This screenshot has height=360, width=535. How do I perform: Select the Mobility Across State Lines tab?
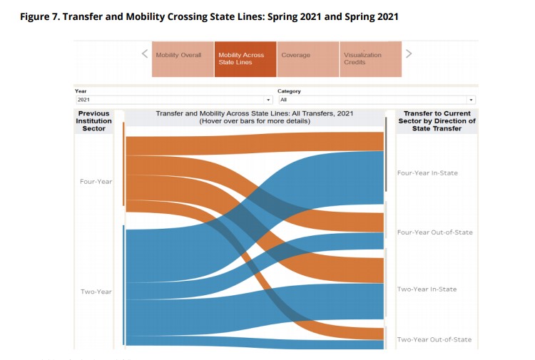[x=245, y=59]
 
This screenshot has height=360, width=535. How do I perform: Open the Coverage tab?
[x=307, y=59]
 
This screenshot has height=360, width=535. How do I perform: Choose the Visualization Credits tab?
[x=370, y=59]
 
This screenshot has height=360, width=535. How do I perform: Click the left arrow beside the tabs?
[x=144, y=53]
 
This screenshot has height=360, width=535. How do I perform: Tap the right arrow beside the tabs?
[x=409, y=53]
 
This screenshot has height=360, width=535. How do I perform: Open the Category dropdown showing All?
[x=376, y=100]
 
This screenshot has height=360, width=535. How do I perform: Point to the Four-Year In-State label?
[x=427, y=173]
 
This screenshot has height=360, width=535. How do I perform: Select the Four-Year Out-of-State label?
[x=434, y=232]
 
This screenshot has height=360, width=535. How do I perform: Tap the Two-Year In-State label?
[x=427, y=289]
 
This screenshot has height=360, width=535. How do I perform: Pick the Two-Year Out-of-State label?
[x=434, y=339]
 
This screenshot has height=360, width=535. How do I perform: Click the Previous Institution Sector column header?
[x=93, y=120]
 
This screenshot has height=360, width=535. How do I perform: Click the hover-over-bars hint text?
[x=254, y=121]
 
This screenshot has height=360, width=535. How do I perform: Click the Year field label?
[x=81, y=91]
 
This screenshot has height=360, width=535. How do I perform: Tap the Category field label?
[x=289, y=91]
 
